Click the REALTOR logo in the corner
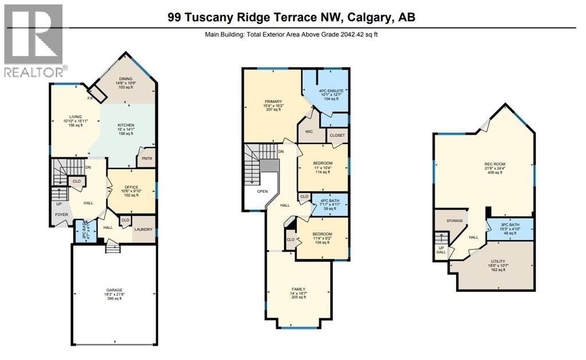point(34,41)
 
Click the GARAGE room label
point(114,290)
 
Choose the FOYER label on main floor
point(61,215)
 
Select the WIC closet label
point(308,132)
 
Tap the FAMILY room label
point(298,289)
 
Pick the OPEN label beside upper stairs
point(262,192)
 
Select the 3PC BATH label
point(502,224)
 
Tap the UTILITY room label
point(498,261)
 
